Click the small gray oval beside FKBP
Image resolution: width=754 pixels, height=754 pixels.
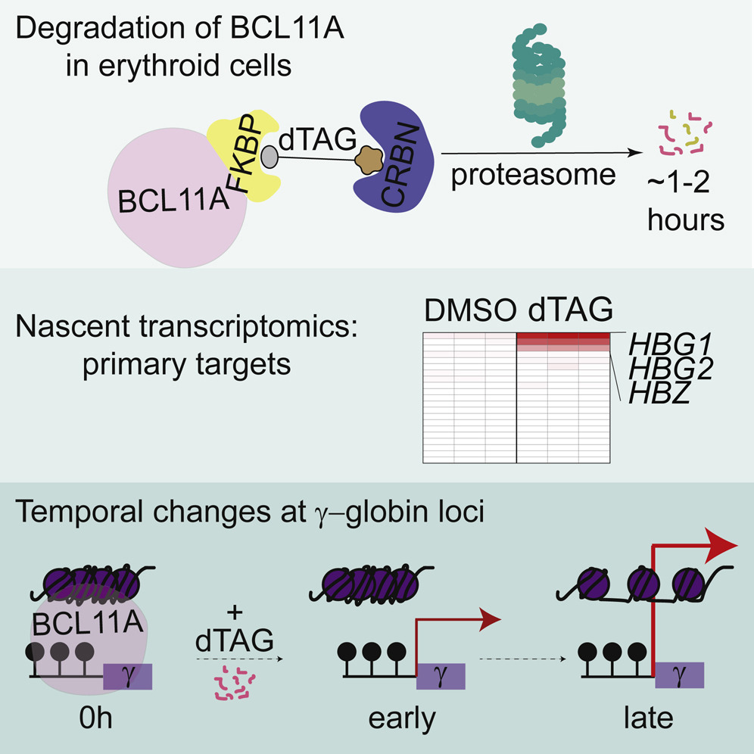(270, 156)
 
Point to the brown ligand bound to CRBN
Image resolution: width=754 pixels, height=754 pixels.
(370, 159)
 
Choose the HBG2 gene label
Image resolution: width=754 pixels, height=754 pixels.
(661, 370)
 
